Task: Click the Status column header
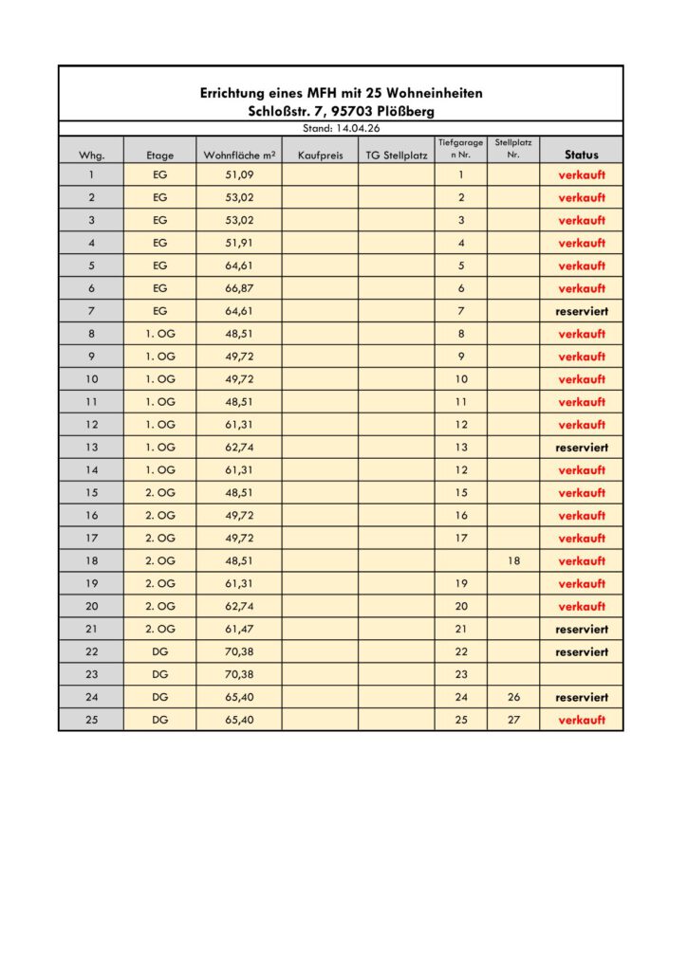582,155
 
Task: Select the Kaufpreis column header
320,155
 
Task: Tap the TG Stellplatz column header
397,155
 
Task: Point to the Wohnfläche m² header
239,155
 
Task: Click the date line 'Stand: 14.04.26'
341,128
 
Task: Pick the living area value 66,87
239,288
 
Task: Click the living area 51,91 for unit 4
239,243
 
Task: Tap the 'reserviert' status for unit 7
582,311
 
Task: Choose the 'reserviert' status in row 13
582,448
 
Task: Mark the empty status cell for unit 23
582,674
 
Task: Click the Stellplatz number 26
513,697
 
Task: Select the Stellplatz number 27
513,720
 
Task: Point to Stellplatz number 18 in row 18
513,560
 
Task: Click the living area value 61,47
239,629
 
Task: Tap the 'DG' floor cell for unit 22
159,651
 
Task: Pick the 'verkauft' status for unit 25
582,720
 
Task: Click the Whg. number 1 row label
91,174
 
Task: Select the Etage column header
159,155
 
